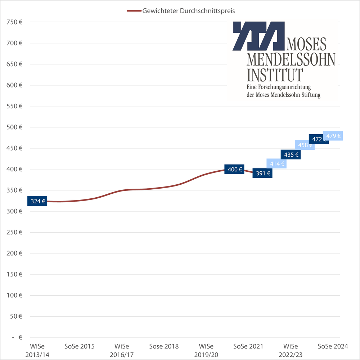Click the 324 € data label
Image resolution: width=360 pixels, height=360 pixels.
(x=37, y=201)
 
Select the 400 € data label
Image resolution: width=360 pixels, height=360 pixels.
(x=234, y=169)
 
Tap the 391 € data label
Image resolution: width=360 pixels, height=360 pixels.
(x=262, y=173)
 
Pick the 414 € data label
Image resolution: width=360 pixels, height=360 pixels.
(x=276, y=164)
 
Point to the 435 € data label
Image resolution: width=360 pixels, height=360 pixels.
(x=291, y=155)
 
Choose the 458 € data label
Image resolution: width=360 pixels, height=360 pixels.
(x=304, y=145)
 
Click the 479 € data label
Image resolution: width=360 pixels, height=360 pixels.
(x=333, y=136)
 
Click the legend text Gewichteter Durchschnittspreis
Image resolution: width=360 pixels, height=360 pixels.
(x=189, y=11)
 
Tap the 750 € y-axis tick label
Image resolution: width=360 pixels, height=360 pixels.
(x=15, y=22)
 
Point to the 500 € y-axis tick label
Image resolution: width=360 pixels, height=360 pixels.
(x=15, y=127)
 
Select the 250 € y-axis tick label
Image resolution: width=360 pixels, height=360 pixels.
(x=15, y=232)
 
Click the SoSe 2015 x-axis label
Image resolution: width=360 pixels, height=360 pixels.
(x=80, y=347)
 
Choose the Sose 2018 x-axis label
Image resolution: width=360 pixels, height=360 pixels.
(x=164, y=347)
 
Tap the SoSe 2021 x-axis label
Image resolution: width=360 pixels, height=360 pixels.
(x=248, y=347)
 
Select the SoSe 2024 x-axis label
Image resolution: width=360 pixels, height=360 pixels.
(x=333, y=347)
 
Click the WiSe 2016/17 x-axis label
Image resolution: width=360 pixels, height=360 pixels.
(x=122, y=350)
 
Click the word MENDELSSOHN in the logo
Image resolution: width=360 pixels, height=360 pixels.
(x=291, y=59)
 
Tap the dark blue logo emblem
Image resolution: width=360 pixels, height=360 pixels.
(x=258, y=36)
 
